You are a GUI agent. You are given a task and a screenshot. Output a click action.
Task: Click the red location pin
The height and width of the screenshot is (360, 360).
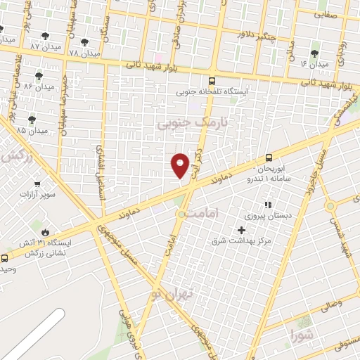point(181,165)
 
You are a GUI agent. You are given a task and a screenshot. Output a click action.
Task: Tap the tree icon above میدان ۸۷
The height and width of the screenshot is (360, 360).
point(45,35)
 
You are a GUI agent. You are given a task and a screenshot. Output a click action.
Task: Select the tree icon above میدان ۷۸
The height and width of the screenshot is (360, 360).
point(84,42)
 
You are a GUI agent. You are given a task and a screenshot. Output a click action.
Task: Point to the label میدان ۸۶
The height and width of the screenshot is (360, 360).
point(38,86)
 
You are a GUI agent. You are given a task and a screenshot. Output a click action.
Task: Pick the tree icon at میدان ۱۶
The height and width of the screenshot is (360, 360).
point(314,53)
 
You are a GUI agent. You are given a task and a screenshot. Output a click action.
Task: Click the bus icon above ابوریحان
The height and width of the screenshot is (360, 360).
point(269,158)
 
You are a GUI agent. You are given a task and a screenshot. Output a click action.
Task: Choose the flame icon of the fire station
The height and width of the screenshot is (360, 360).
point(45,231)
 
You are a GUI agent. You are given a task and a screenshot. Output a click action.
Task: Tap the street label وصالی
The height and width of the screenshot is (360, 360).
point(331,306)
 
